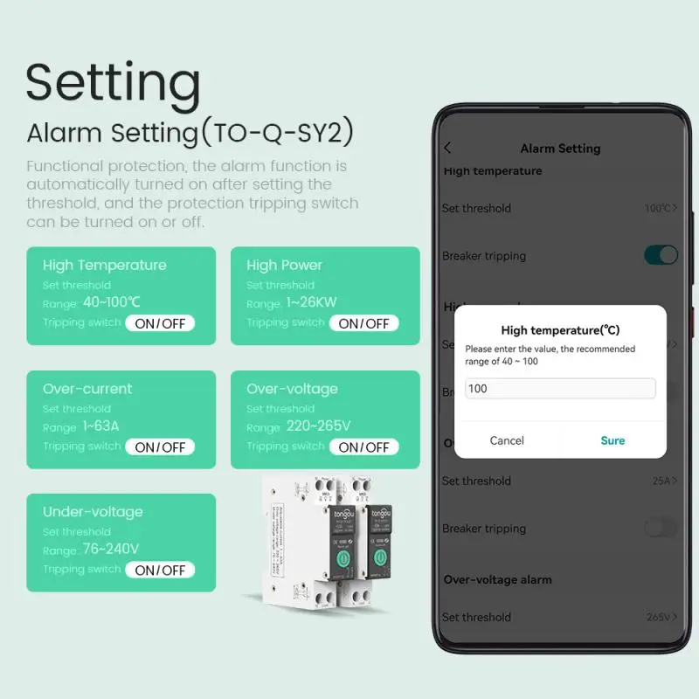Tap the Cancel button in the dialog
pos(507,440)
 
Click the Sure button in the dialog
pos(612,440)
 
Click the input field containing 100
pos(560,388)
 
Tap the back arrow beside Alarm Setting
pos(448,149)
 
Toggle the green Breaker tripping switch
pos(661,255)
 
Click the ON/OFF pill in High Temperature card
pos(160,323)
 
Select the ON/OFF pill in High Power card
pos(363,323)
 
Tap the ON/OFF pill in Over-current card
pos(160,446)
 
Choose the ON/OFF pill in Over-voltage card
pos(363,446)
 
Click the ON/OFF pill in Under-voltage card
pos(160,570)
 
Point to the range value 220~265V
pos(319,426)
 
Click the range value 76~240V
pos(111,550)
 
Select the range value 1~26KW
pos(311,303)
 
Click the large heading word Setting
pos(114,84)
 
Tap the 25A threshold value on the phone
pos(661,481)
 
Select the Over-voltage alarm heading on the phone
pos(497,579)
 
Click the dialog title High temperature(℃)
pos(560,330)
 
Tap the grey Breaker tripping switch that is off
pos(661,528)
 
